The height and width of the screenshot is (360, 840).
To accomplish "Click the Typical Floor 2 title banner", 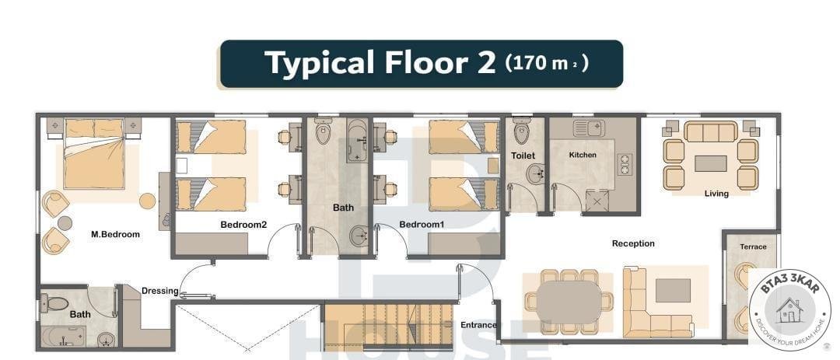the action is pyautogui.click(x=422, y=63).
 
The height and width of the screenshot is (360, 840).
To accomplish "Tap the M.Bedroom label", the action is pyautogui.click(x=115, y=234).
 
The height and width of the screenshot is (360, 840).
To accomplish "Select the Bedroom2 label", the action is pyautogui.click(x=243, y=225).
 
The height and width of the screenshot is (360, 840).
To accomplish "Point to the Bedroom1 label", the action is pyautogui.click(x=422, y=225).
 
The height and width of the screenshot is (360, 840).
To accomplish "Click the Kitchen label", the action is pyautogui.click(x=583, y=155).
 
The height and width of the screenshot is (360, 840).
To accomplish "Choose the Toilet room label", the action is pyautogui.click(x=523, y=156).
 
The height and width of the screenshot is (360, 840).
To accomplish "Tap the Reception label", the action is pyautogui.click(x=633, y=243).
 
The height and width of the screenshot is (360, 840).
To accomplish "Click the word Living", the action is pyautogui.click(x=716, y=194).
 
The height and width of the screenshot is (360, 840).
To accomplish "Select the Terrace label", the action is pyautogui.click(x=753, y=247).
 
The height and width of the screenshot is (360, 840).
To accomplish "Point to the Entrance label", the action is pyautogui.click(x=478, y=325).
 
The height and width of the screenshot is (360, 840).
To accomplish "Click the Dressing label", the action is pyautogui.click(x=159, y=291).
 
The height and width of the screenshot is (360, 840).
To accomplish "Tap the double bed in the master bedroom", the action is pyautogui.click(x=94, y=154).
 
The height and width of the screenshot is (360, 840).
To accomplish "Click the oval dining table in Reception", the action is pyautogui.click(x=569, y=302).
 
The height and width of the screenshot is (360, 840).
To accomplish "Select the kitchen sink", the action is pyautogui.click(x=588, y=128).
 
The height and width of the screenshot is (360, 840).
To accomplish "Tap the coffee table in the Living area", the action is pyautogui.click(x=710, y=163).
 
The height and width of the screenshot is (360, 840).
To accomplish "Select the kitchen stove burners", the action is pyautogui.click(x=624, y=165).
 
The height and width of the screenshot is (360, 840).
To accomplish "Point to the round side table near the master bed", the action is pyautogui.click(x=147, y=201).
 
